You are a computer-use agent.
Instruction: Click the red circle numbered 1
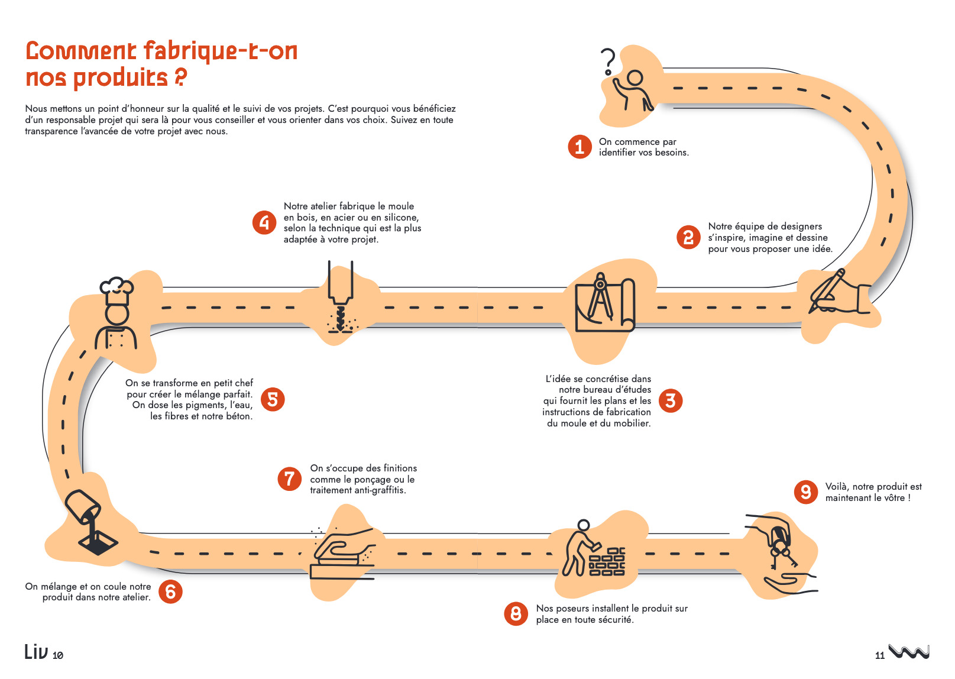pos(580,147)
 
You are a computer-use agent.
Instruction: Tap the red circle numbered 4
pos(264,222)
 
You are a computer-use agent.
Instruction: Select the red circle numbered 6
pos(170,591)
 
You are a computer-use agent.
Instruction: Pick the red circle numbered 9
pos(805,492)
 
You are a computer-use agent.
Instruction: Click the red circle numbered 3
pos(671,400)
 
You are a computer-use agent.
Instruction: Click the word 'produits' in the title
pos(121,77)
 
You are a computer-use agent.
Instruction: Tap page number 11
pos(880,655)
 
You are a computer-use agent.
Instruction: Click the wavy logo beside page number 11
pos(909,651)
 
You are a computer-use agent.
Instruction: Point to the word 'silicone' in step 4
pos(399,218)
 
